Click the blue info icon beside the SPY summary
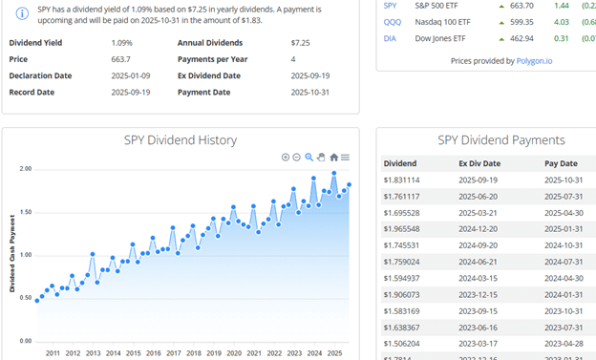[23, 13]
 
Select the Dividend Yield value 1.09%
[121, 43]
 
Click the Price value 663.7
[120, 59]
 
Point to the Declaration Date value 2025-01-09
[133, 75]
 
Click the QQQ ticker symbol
[392, 21]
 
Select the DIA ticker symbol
[390, 38]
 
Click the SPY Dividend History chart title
[181, 140]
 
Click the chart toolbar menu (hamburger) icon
[345, 157]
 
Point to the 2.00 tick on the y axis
[26, 169]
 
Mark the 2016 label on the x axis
[154, 352]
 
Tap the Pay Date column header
[562, 163]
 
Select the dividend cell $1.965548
[401, 228]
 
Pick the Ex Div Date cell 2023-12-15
[479, 294]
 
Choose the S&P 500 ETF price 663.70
[521, 5]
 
